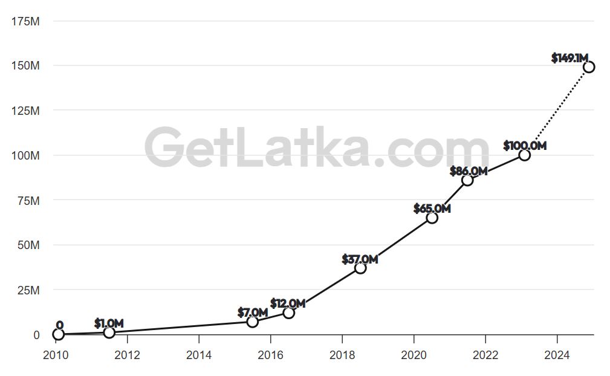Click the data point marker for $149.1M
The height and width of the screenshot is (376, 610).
pyautogui.click(x=588, y=66)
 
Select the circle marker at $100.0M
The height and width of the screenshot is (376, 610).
pyautogui.click(x=524, y=155)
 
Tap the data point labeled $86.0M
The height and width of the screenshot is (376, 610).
pyautogui.click(x=467, y=180)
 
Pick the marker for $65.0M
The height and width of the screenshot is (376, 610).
pyautogui.click(x=432, y=217)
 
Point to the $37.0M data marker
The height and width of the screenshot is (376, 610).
pyautogui.click(x=360, y=267)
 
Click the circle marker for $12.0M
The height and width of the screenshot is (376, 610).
pyautogui.click(x=288, y=313)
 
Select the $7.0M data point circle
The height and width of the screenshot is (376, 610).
pyautogui.click(x=253, y=321)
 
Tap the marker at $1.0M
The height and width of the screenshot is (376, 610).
pyautogui.click(x=109, y=332)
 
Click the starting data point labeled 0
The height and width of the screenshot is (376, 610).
pyautogui.click(x=58, y=334)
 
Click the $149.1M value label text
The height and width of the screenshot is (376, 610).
pyautogui.click(x=569, y=58)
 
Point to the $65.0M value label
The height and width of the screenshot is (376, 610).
pyautogui.click(x=432, y=209)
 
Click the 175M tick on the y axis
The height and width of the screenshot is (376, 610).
pyautogui.click(x=25, y=21)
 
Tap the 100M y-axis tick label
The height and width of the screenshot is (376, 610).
pyautogui.click(x=25, y=155)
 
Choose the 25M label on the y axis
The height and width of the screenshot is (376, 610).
pyautogui.click(x=28, y=290)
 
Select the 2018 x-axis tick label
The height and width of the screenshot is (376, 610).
pyautogui.click(x=342, y=355)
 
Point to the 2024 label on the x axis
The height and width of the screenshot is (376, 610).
pyautogui.click(x=557, y=355)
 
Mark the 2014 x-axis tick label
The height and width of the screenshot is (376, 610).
pyautogui.click(x=198, y=355)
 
